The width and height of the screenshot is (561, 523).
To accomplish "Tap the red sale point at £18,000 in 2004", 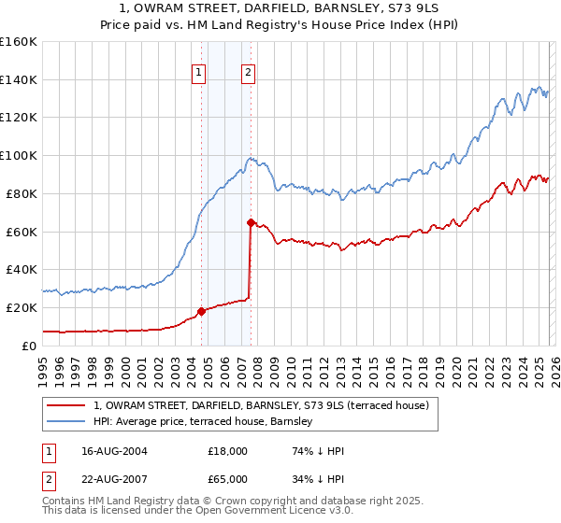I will point(201,311).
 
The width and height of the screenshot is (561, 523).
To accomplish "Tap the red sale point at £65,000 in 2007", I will point(251,222).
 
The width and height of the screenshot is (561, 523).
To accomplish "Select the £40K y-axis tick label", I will point(22,269).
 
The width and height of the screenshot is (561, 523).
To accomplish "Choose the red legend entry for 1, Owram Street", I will point(261,405).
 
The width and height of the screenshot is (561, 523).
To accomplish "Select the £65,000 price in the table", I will point(228,479).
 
